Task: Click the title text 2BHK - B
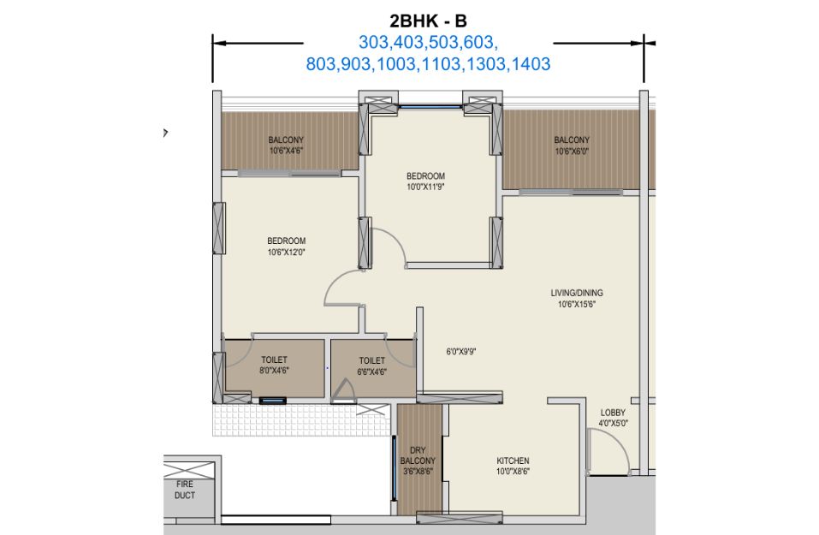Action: [x=428, y=21]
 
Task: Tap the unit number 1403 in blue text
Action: [x=531, y=64]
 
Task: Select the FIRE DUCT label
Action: [x=185, y=490]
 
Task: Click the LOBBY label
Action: [x=613, y=413]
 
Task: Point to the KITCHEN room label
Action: [x=513, y=461]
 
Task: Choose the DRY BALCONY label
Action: [x=418, y=455]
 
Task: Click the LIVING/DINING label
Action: [x=577, y=293]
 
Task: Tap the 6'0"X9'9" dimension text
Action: [x=460, y=352]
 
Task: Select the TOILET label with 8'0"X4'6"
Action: [x=274, y=360]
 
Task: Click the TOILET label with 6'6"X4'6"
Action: [x=372, y=360]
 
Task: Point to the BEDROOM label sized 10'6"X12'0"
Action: [x=286, y=241]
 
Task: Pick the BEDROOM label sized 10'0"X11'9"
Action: [x=425, y=176]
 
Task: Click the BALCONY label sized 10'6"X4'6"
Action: [x=286, y=140]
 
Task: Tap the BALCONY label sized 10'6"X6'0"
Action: [x=572, y=140]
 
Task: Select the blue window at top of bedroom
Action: [x=430, y=107]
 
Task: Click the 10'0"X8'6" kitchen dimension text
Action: [x=513, y=472]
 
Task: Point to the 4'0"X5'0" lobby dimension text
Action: [x=614, y=424]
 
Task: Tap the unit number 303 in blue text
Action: [x=371, y=42]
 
